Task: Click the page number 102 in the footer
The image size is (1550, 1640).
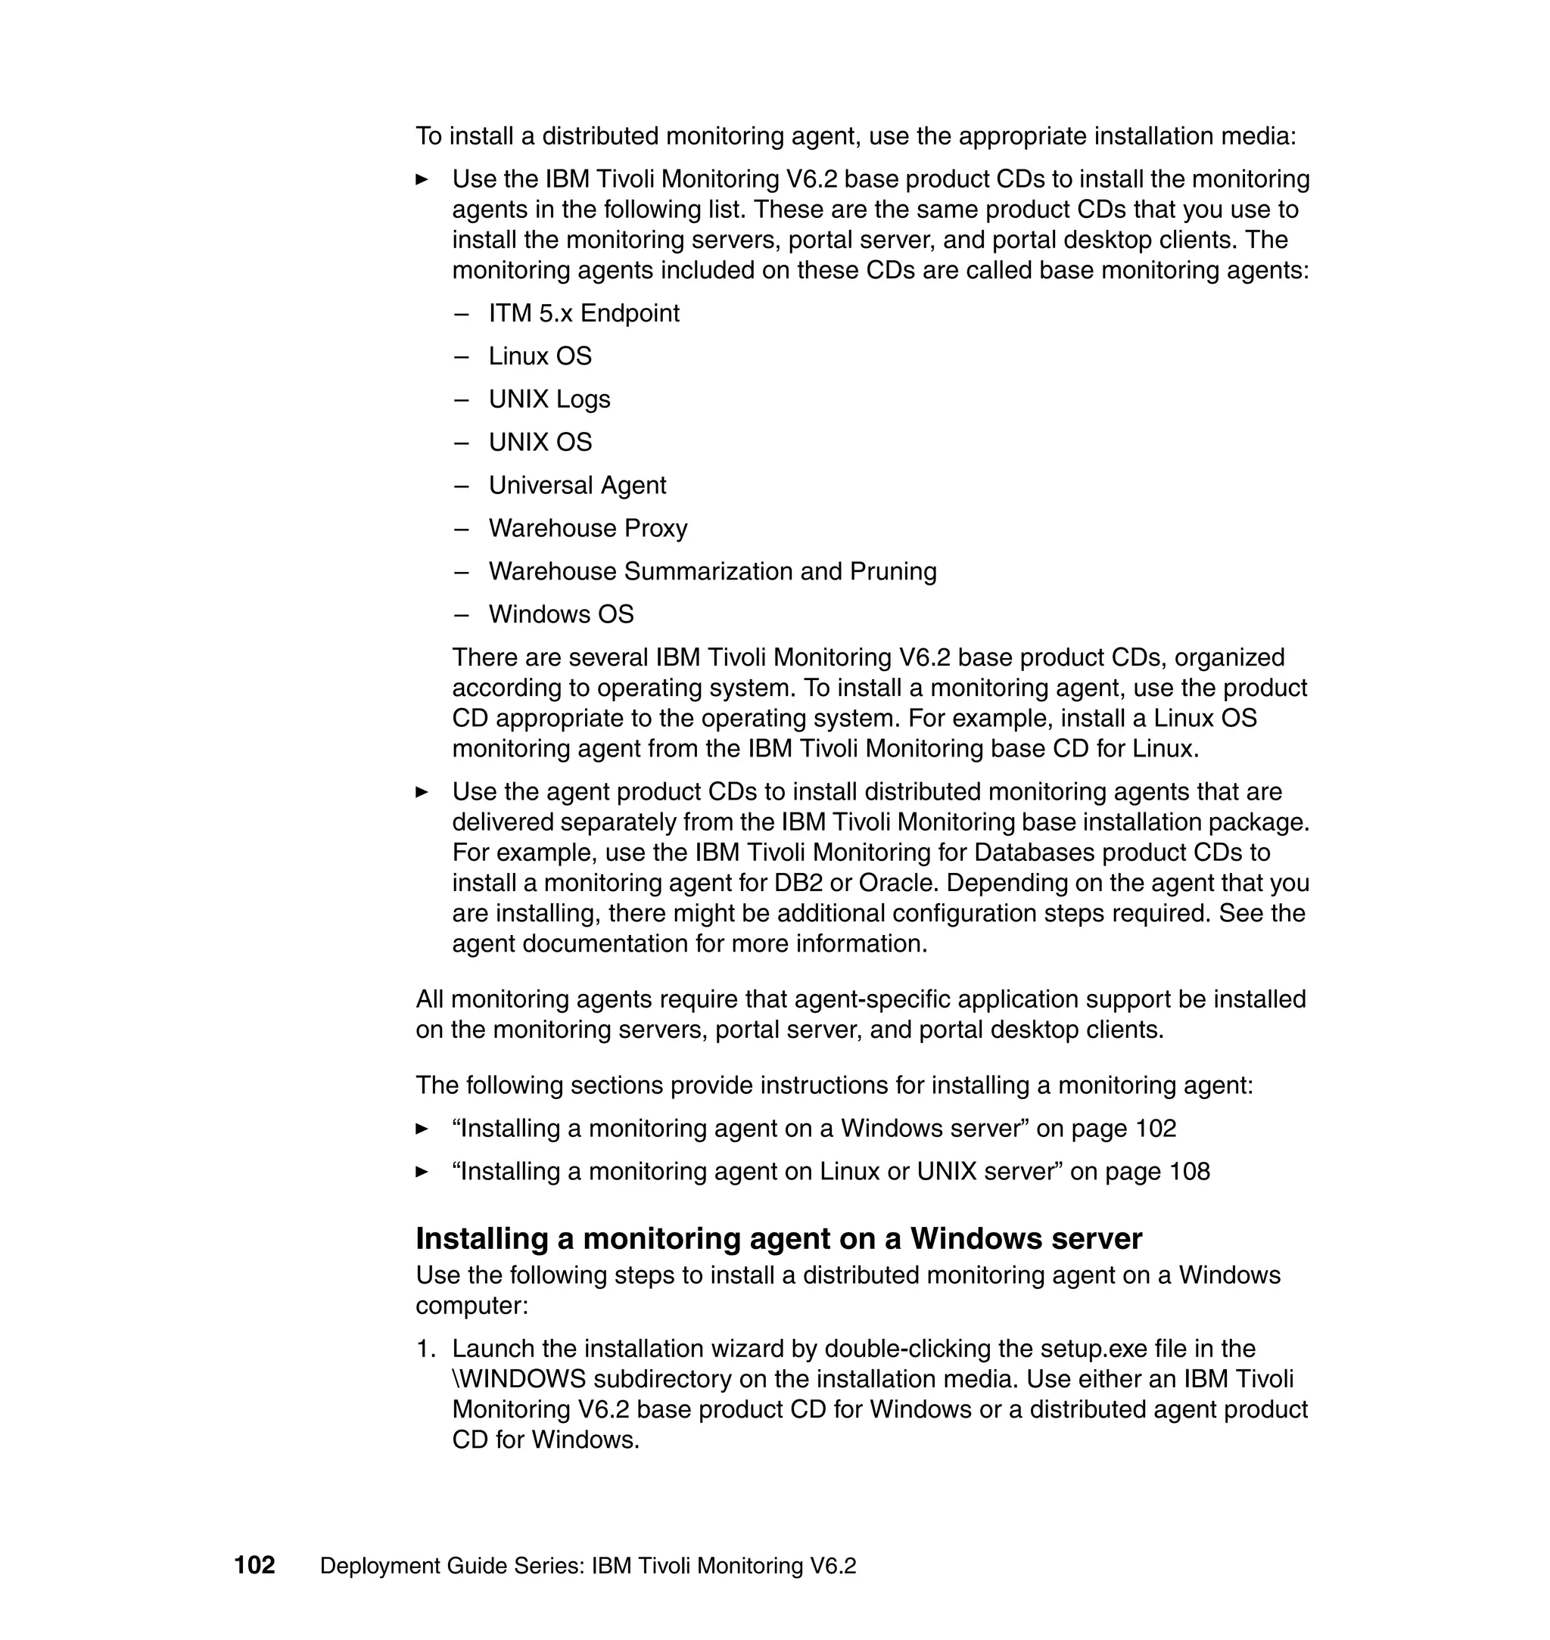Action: [254, 1565]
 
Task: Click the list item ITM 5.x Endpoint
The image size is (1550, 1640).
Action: [584, 313]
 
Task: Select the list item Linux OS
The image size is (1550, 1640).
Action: [540, 356]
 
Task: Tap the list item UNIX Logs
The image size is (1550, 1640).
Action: [549, 399]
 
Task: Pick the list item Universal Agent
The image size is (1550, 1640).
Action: [577, 485]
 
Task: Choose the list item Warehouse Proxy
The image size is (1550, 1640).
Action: [587, 528]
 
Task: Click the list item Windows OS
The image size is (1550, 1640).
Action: [561, 613]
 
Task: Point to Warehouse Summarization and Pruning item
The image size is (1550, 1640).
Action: [712, 570]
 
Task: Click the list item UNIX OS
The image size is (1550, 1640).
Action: [540, 442]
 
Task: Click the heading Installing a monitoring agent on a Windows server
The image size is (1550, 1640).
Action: [778, 1238]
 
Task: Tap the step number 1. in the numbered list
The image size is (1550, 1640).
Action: [425, 1349]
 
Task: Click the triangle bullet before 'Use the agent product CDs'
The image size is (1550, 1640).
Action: [422, 792]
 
